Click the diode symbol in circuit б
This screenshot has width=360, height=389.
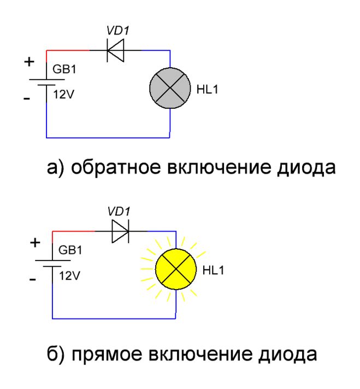coord(120,231)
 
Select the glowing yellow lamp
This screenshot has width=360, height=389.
coord(175,269)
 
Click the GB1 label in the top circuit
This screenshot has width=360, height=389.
coord(64,70)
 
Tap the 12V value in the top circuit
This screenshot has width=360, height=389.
coord(63,94)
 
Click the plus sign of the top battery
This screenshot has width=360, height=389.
coord(28,62)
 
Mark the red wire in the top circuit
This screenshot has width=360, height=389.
coord(68,50)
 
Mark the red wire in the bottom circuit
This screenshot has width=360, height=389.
coord(74,231)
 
